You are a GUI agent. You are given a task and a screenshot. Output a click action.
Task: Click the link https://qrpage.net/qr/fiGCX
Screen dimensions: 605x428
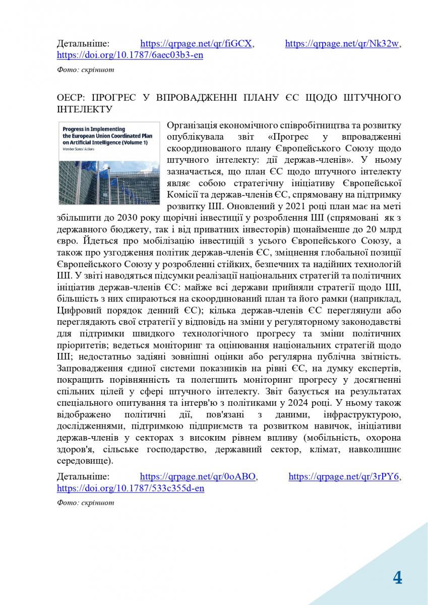196,44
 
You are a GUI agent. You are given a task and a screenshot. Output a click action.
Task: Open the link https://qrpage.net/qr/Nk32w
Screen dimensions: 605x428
343,44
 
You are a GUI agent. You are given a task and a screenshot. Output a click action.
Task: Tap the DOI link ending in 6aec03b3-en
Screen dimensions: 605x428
130,55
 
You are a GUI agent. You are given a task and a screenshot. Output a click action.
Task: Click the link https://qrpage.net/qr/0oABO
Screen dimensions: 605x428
198,476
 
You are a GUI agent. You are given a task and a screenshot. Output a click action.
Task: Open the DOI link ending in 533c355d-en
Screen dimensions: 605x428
131,489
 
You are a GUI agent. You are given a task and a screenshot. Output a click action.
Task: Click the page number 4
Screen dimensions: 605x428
397,578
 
